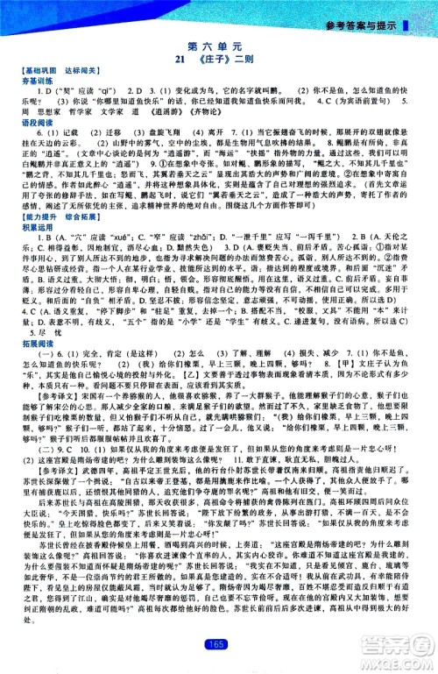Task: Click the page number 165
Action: [x=218, y=647]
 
